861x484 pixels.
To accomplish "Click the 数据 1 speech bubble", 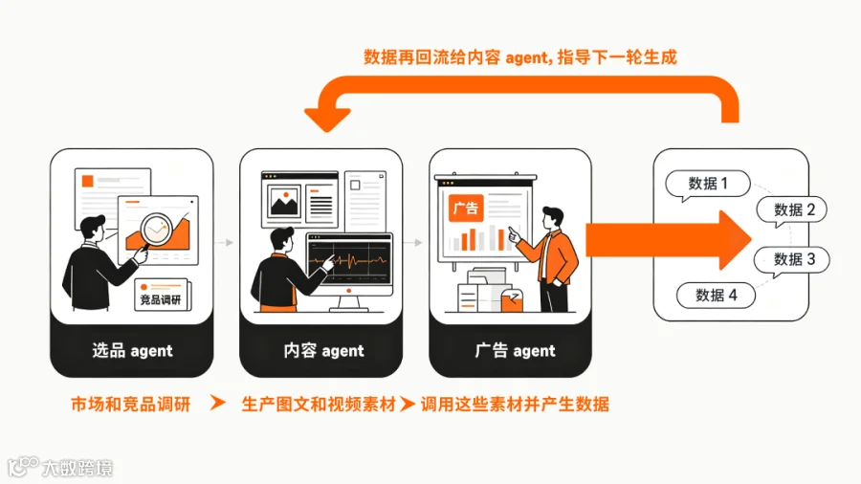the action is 708,184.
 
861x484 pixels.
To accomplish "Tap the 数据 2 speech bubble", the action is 792,209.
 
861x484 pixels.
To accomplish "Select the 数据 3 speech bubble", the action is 792,259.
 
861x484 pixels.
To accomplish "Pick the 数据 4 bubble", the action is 716,296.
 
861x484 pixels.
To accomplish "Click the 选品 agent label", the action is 132,351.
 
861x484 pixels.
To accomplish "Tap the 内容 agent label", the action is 323,351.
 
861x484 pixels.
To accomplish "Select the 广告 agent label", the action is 515,351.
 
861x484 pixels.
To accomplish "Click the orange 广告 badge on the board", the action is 466,208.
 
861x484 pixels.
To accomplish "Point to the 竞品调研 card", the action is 162,296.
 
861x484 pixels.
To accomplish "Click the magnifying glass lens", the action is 156,230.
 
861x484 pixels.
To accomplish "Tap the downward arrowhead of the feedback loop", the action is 327,120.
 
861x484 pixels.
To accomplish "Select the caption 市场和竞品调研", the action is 131,405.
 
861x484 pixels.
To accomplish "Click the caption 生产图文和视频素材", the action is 319,405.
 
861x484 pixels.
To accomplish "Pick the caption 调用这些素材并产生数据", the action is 515,405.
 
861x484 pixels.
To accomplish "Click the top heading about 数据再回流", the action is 520,57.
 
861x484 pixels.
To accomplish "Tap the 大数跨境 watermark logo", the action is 60,468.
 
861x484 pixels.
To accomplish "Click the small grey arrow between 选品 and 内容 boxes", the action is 226,242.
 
